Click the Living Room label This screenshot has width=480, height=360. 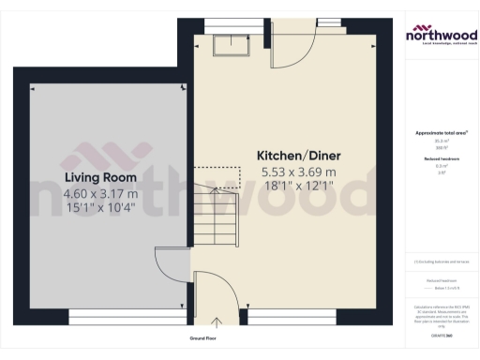click(100, 177)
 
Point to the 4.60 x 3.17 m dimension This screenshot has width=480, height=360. click(100, 193)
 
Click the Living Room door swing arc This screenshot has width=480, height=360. click(172, 265)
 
